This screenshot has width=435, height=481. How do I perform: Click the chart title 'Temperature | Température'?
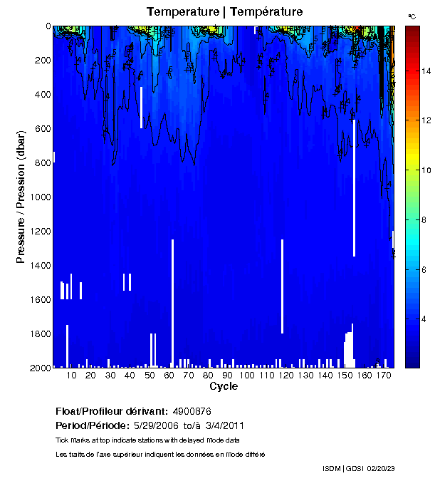[224, 12]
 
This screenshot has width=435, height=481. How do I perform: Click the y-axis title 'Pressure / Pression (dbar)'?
[22, 197]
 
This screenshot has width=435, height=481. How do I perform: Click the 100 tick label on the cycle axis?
[246, 375]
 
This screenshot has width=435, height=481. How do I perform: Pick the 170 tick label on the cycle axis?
[383, 375]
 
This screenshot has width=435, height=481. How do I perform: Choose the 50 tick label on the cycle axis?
[149, 375]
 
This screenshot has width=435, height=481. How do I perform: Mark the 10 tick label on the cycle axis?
[71, 375]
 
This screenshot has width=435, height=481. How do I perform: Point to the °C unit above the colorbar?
[412, 16]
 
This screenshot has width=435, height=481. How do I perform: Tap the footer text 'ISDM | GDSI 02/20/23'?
[357, 468]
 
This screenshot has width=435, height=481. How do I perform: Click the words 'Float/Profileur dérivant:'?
[111, 411]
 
